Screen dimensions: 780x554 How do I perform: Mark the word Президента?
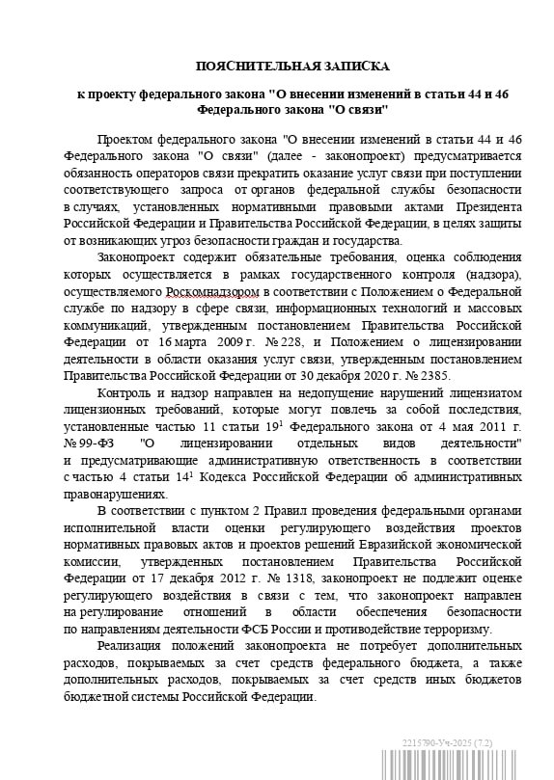pos(488,207)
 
